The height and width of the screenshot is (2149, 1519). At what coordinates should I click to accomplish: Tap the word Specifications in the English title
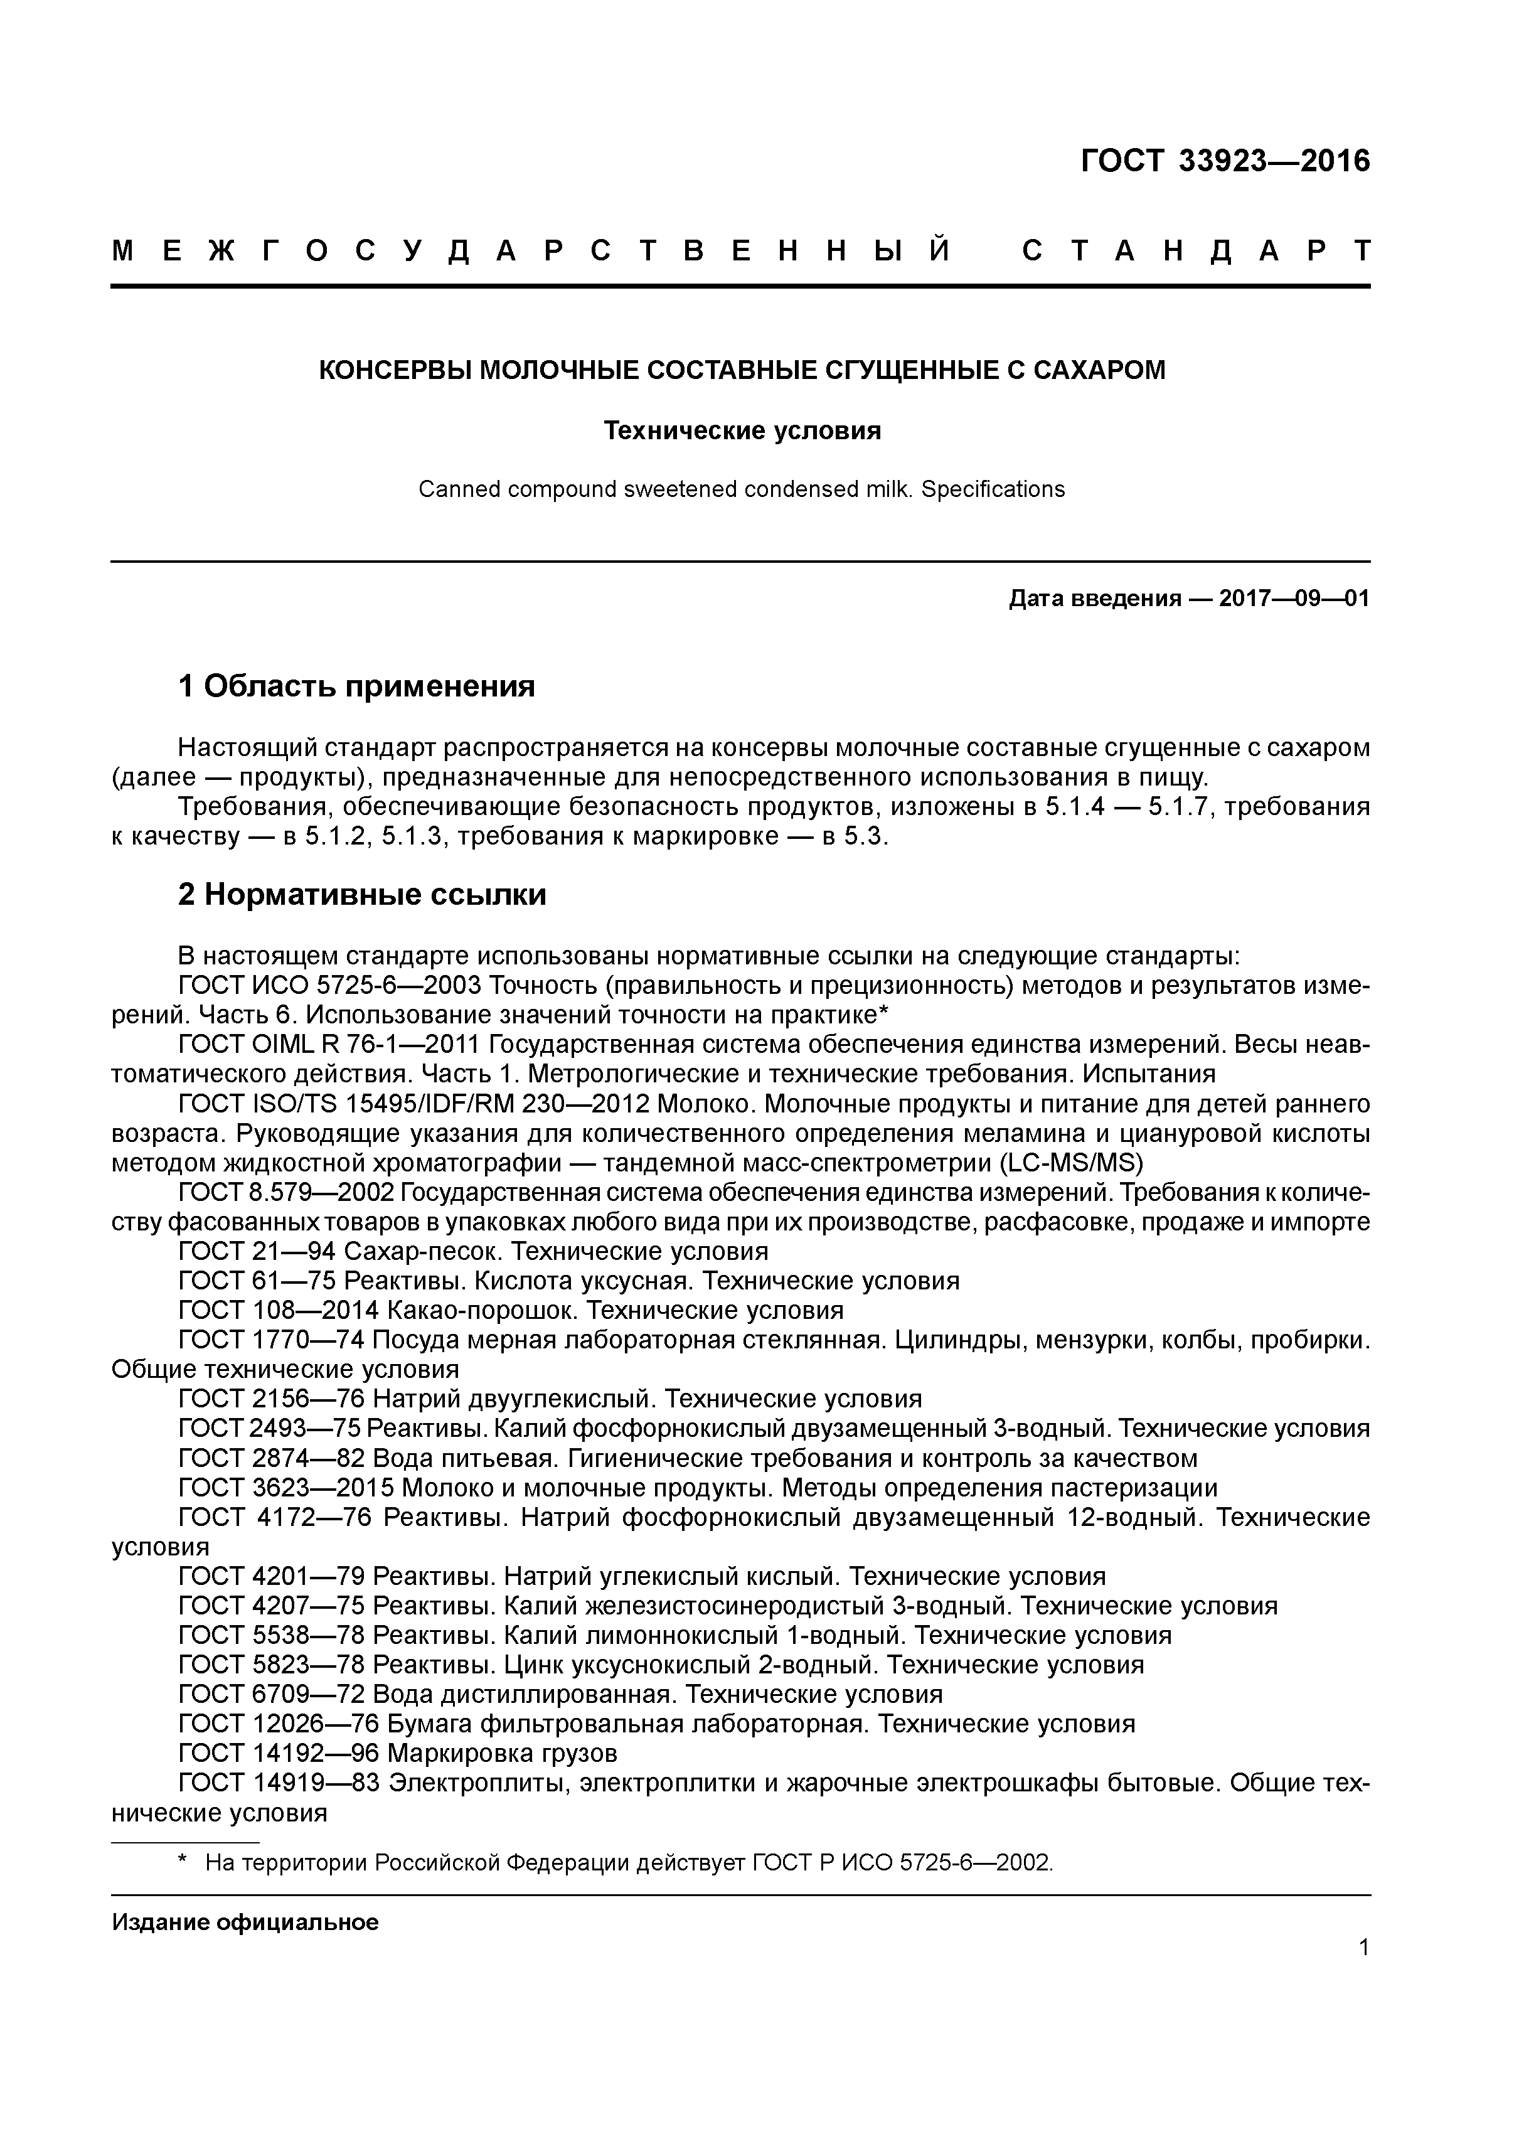993,489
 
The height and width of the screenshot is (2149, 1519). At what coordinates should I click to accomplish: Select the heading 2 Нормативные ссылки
362,895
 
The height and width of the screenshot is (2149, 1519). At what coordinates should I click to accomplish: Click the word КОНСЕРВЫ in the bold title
395,371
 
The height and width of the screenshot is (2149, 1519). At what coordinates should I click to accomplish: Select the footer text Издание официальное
245,1922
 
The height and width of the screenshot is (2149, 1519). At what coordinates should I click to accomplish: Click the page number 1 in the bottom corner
1363,1948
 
